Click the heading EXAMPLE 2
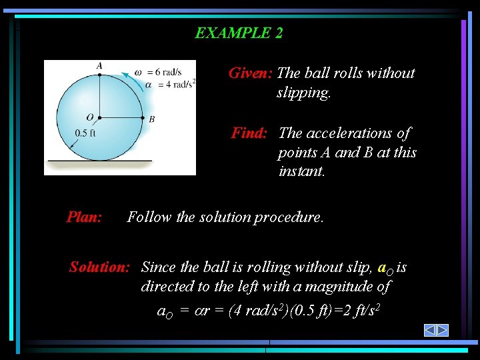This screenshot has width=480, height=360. (x=239, y=33)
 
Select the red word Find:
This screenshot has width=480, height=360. (x=249, y=133)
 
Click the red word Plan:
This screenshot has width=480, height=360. (x=84, y=217)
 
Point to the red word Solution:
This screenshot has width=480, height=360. (x=99, y=267)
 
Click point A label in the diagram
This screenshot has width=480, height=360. (x=99, y=65)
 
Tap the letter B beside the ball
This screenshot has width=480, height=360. (x=152, y=119)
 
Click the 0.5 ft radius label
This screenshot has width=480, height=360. (x=86, y=133)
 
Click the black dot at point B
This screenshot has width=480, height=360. (x=143, y=118)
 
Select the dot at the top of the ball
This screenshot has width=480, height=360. (x=99, y=75)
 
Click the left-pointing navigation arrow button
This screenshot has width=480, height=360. (x=430, y=330)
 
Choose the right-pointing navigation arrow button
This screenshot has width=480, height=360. (x=442, y=330)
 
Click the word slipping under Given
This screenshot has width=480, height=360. (x=303, y=93)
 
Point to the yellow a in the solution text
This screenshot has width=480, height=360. (x=381, y=267)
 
